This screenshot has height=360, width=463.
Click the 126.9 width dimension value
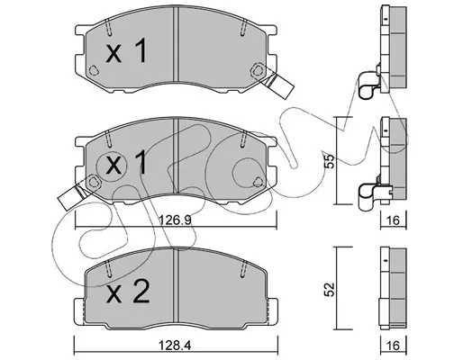pyautogui.click(x=176, y=221)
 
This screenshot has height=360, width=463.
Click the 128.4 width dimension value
pyautogui.click(x=176, y=346)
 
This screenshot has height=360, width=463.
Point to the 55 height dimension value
pyautogui.click(x=330, y=161)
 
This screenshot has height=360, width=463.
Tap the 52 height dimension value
pyautogui.click(x=330, y=289)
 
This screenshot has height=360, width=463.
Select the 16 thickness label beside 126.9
pyautogui.click(x=394, y=220)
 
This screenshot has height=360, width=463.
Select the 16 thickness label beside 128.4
pyautogui.click(x=394, y=346)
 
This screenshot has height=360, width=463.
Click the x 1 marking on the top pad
pyautogui.click(x=127, y=50)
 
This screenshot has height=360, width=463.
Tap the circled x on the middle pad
pyautogui.click(x=113, y=166)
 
